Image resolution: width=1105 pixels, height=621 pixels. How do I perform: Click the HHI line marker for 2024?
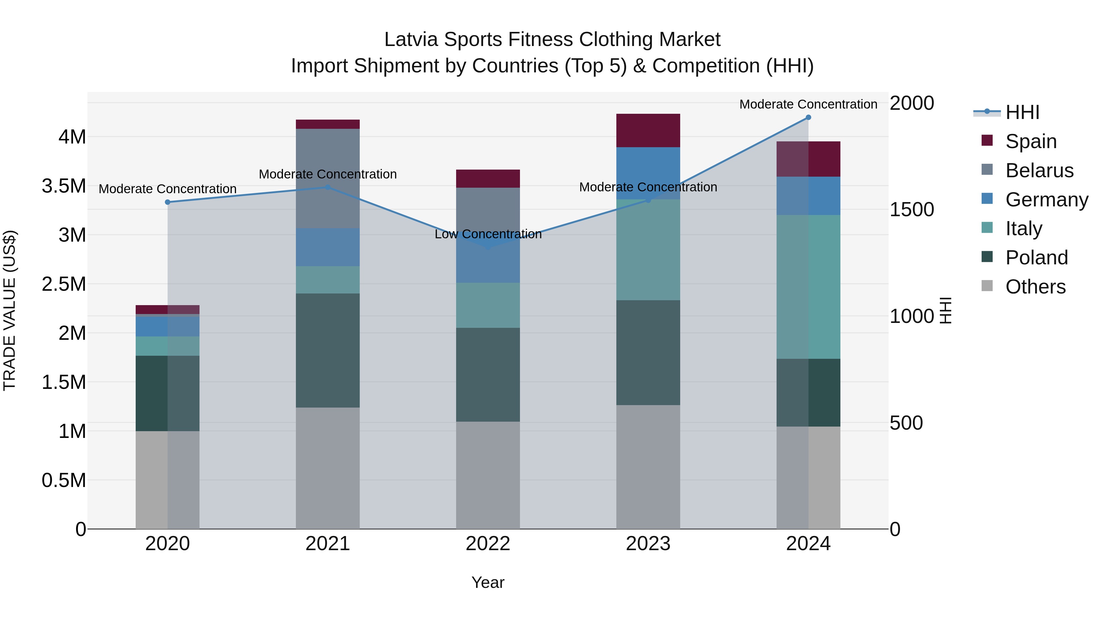coord(808,117)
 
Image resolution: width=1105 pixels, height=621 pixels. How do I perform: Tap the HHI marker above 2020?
coord(168,202)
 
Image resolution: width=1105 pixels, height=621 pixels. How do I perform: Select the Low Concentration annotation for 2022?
coord(488,234)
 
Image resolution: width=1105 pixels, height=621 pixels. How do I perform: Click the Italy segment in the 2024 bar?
coord(808,287)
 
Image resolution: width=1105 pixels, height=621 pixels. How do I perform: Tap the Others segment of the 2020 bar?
coord(167,480)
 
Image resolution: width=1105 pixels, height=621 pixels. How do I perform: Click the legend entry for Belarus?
coord(1039,171)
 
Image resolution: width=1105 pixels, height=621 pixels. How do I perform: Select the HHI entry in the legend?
coord(1022,112)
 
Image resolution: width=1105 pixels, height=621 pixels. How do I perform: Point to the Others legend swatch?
coord(987,286)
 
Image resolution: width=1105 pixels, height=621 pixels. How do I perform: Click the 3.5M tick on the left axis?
coord(64,186)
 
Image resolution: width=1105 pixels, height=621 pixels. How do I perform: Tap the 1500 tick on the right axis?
coord(912,209)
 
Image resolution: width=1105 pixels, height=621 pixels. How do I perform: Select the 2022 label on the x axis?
coord(488,544)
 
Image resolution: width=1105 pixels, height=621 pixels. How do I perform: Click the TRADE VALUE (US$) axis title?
coord(10,310)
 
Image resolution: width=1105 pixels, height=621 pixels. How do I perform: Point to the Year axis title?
coord(488,582)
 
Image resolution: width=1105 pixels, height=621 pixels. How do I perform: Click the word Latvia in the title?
coord(411,40)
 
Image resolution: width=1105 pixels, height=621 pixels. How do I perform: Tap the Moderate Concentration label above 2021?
coord(328,174)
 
